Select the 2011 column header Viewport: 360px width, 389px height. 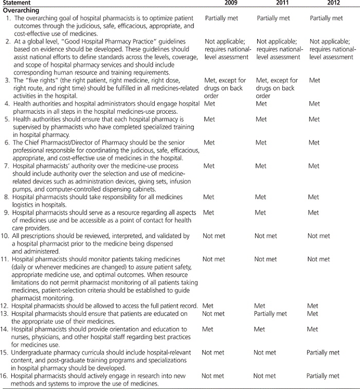click(x=278, y=3)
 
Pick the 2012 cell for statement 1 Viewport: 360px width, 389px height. click(x=326, y=18)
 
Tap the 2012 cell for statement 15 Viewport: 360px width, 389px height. click(x=323, y=352)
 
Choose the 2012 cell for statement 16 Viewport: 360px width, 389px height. click(x=323, y=376)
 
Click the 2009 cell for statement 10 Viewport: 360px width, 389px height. click(x=213, y=236)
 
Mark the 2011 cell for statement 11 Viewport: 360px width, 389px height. click(x=265, y=259)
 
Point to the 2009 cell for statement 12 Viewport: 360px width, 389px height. click(x=209, y=306)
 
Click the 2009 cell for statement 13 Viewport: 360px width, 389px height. click(x=213, y=313)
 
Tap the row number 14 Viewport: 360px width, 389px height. click(x=6, y=329)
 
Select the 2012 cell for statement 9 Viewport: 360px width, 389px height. click(x=314, y=213)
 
